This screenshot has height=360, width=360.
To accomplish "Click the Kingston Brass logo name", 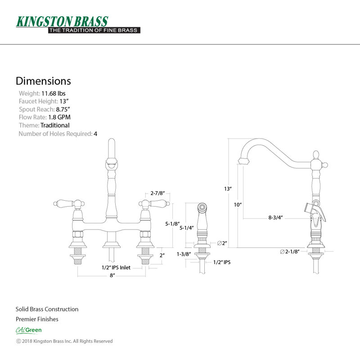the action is pyautogui.click(x=62, y=22).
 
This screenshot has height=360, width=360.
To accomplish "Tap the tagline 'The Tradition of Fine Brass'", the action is pyautogui.click(x=94, y=30).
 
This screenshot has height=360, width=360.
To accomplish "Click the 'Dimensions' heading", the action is pyautogui.click(x=43, y=81).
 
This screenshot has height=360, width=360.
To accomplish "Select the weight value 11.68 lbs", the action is pyautogui.click(x=53, y=94).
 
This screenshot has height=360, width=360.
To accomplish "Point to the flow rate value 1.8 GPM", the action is pyautogui.click(x=59, y=117).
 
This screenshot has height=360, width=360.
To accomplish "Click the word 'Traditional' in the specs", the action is pyautogui.click(x=55, y=126).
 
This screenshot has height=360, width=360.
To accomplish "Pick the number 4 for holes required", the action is pyautogui.click(x=95, y=134).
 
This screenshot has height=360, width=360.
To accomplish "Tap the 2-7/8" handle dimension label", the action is pyautogui.click(x=157, y=193).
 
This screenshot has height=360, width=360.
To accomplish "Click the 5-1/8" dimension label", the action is pyautogui.click(x=172, y=224).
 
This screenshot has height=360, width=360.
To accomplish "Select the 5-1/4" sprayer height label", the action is pyautogui.click(x=186, y=228).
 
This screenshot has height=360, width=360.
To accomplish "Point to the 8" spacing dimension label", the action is pyautogui.click(x=112, y=275).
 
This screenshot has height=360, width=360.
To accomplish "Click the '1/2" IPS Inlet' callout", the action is pyautogui.click(x=116, y=267).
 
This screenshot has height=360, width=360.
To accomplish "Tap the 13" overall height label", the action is pyautogui.click(x=228, y=189).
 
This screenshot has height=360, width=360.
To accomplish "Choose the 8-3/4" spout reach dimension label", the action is pyautogui.click(x=275, y=217).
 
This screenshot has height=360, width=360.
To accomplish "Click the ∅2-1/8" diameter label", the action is pyautogui.click(x=289, y=252).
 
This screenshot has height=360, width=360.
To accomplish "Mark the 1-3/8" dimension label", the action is pyautogui.click(x=184, y=254).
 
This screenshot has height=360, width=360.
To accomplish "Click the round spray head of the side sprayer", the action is pyautogui.click(x=202, y=207).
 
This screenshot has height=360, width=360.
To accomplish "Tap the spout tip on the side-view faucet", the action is pyautogui.click(x=243, y=161).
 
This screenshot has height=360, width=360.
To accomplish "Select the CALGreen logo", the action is pyautogui.click(x=29, y=330).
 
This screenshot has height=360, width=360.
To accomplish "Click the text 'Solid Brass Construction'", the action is pyautogui.click(x=47, y=309).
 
